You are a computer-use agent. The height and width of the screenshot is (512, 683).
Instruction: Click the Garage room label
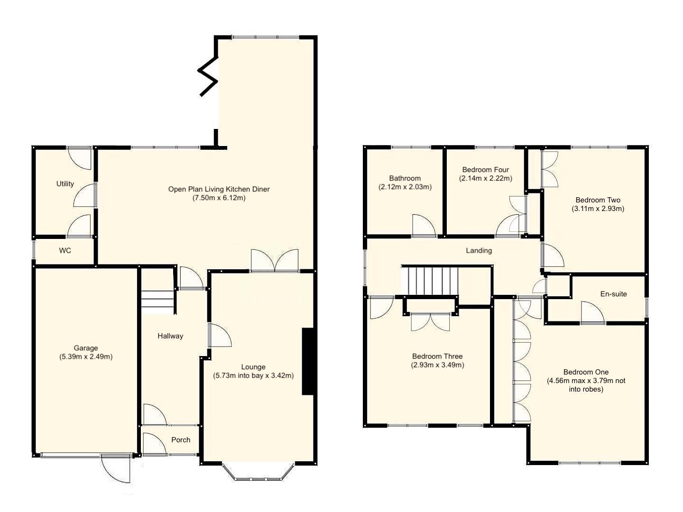coord(86,348)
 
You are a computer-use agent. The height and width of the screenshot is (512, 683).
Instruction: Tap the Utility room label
coord(65,184)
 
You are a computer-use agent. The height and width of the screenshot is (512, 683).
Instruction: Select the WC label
coord(65,250)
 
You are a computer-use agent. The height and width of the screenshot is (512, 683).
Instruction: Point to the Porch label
coord(181,440)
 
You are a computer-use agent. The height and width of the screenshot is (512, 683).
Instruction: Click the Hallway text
coord(170,336)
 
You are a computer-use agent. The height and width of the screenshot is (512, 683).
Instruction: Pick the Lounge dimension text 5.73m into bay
coord(253,375)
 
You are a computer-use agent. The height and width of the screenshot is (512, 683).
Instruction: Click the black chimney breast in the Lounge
coord(308,361)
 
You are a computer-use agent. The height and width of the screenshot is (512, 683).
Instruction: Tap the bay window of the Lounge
coord(258,472)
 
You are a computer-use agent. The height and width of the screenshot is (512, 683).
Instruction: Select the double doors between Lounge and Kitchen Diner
coord(275,261)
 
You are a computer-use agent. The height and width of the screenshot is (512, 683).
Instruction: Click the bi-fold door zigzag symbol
coord(208,76)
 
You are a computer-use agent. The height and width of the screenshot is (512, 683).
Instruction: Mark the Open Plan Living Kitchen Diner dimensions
coord(219,198)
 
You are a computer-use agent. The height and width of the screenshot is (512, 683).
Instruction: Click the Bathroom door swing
coord(424,226)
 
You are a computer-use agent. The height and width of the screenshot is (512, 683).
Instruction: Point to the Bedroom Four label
coord(485,170)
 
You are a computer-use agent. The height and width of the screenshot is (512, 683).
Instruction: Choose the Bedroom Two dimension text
coord(598,209)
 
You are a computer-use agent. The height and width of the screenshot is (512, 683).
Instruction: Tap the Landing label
coord(479,250)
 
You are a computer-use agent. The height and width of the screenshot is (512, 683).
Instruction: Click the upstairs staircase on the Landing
coord(430,281)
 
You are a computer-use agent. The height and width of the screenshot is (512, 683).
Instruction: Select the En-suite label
coord(613,294)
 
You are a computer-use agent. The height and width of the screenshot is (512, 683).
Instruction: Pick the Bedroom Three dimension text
coord(437,365)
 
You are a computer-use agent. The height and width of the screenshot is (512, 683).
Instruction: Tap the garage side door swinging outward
coord(116,468)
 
